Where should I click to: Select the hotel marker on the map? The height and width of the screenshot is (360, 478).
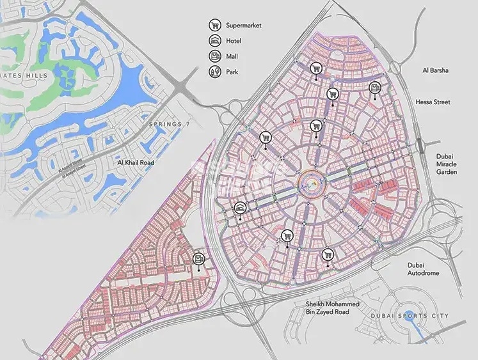pos(241,208)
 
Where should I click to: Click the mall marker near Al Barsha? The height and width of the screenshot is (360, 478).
pos(375,89)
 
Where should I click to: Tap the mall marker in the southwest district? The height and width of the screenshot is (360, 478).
pos(199,259)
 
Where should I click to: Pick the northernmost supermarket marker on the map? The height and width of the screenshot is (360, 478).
pos(315,68)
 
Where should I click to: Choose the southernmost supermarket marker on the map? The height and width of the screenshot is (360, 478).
pos(328,253)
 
